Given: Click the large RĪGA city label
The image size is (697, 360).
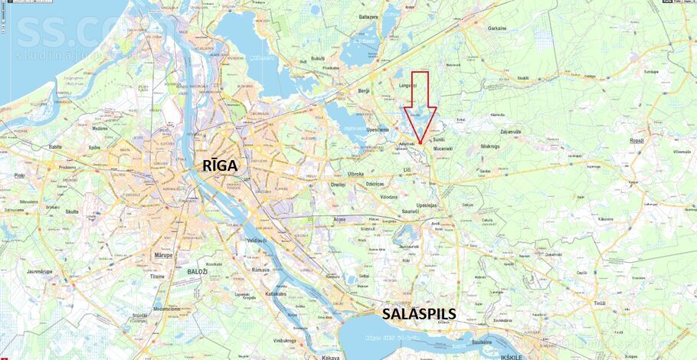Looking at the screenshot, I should (221, 165).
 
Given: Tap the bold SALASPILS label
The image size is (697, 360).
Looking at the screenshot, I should (419, 313).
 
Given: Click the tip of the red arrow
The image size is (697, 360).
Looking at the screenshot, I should (420, 143).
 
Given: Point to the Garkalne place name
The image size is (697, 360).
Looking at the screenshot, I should (497, 28).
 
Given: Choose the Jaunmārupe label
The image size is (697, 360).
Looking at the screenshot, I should (39, 271).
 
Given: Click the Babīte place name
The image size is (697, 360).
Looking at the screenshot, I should (55, 146).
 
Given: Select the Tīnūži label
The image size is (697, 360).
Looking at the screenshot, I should (599, 303).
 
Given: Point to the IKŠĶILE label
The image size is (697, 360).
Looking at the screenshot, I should (530, 356).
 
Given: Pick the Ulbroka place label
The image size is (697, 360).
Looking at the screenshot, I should (355, 174).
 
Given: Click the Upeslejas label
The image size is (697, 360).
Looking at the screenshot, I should (427, 205).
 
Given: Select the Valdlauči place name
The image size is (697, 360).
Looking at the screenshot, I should (256, 241).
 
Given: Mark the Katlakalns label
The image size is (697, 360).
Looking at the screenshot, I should (275, 293).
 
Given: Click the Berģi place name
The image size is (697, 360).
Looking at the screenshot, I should (364, 90).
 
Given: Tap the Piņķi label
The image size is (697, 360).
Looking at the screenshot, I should (19, 175).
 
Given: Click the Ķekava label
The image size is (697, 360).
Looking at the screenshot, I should (330, 357).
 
